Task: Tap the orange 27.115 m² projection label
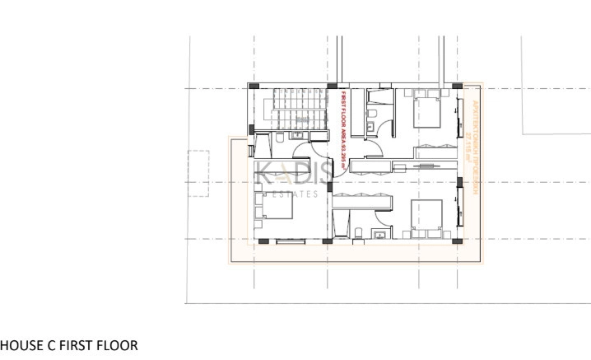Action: point(472,136)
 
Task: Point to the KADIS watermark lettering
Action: point(292,174)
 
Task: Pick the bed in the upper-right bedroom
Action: point(427,109)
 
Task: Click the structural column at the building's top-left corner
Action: point(253,86)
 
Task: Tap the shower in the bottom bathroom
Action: point(342,222)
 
